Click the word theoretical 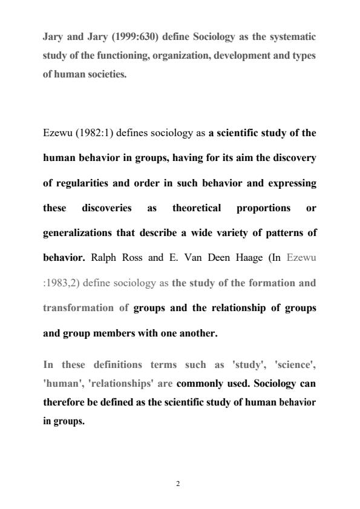(201, 208)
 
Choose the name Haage (218, 257)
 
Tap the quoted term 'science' (295, 364)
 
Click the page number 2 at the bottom (178, 484)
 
